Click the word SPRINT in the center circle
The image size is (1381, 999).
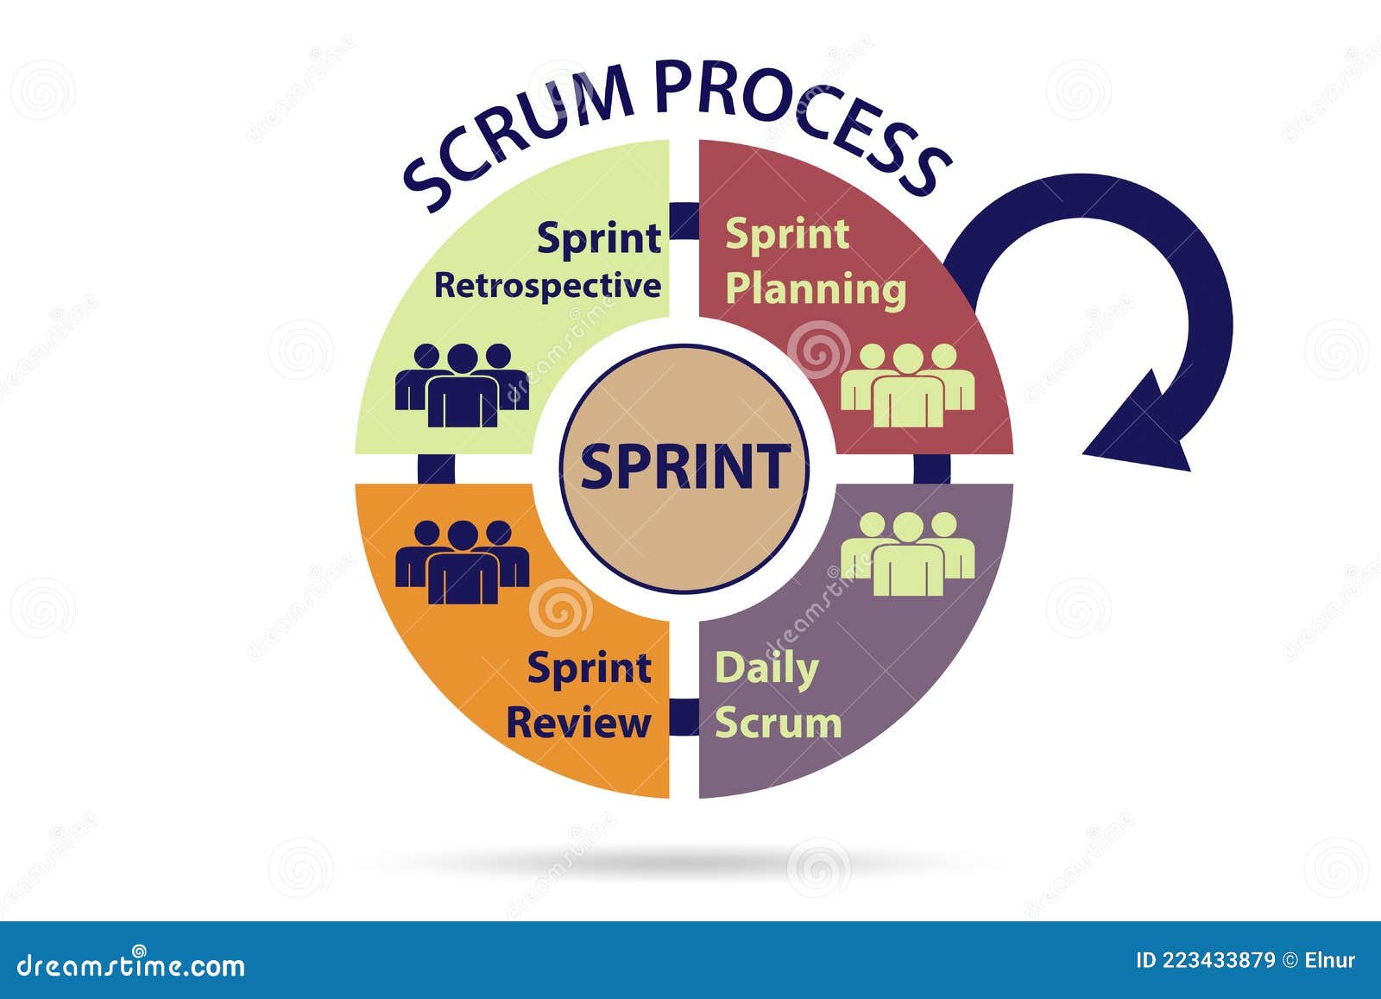coord(685,466)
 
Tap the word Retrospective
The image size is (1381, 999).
coord(547,286)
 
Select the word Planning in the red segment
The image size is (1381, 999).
coord(816,288)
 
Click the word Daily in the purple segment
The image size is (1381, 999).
coord(766,669)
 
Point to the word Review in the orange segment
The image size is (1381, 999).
coord(578,723)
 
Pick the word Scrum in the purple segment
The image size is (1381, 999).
coord(778,723)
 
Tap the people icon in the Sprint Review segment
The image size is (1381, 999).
coord(462,561)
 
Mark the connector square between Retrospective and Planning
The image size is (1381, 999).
coord(684,221)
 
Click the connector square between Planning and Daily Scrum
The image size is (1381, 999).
coord(932,468)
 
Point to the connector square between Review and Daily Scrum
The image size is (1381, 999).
coord(684,718)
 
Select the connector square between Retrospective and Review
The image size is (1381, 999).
coord(436,468)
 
